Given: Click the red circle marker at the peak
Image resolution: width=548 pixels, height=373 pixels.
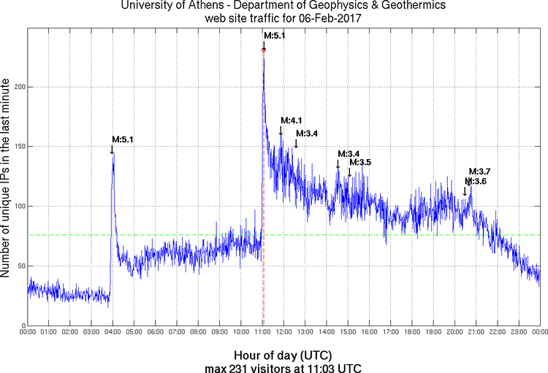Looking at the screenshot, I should click(x=264, y=50).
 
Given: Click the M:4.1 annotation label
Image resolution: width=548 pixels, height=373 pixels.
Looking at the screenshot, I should click(x=292, y=120).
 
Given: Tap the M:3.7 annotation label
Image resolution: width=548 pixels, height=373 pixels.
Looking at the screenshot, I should click(x=479, y=171).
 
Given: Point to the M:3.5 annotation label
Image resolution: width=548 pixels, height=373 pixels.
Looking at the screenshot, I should click(x=360, y=162).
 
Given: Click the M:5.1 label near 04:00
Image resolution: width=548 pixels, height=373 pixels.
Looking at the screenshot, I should click(x=123, y=139).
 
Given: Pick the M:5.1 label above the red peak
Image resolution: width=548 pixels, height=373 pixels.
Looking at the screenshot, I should click(x=275, y=35).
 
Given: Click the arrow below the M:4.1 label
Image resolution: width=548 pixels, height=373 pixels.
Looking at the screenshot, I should click(x=281, y=131).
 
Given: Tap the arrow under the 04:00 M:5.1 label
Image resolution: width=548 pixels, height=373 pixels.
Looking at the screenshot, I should click(x=112, y=149).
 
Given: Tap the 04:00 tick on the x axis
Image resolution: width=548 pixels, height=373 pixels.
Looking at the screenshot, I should click(x=113, y=333).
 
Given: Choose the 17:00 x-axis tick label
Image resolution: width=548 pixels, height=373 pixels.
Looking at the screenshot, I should click(x=390, y=333).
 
